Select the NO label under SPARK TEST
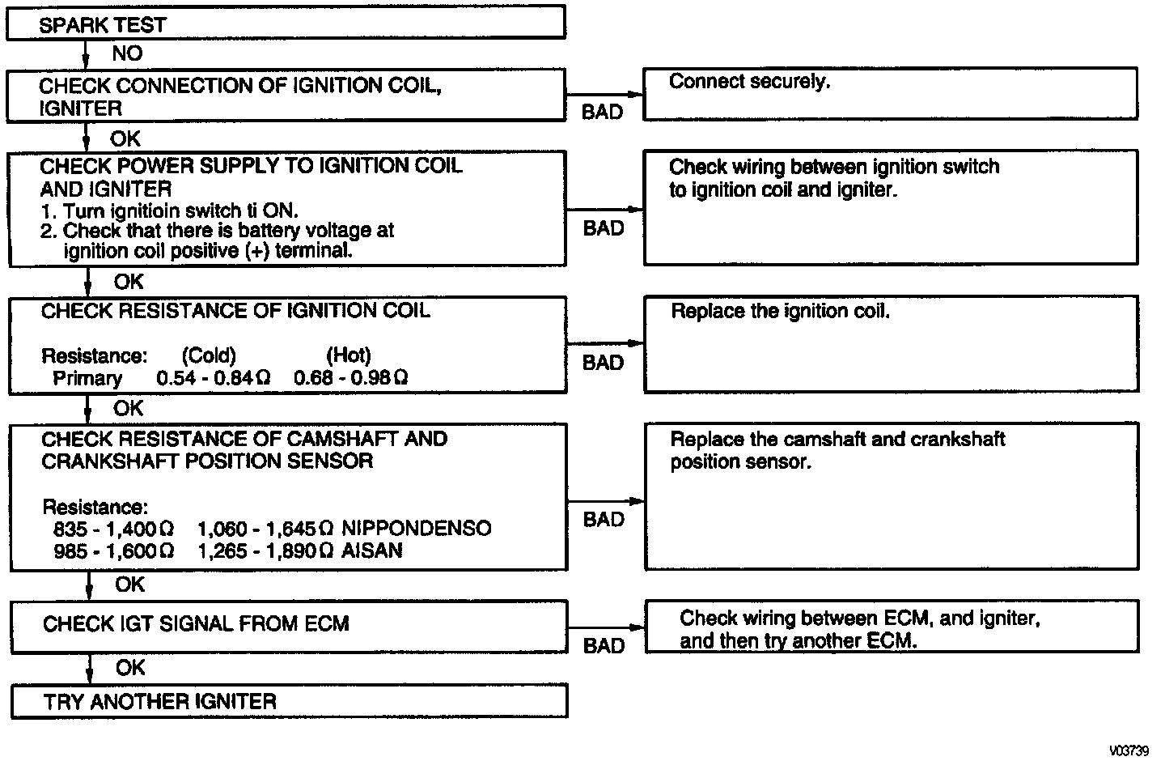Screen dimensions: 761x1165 click(x=127, y=53)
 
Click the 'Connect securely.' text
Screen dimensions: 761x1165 click(x=749, y=82)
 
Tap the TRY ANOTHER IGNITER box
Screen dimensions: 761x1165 click(x=289, y=701)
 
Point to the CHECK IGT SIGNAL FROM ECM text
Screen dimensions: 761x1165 click(x=196, y=624)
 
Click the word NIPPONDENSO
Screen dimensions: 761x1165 click(x=417, y=529)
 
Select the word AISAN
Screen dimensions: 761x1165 click(x=372, y=551)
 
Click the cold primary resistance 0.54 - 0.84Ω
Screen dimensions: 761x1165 click(x=214, y=378)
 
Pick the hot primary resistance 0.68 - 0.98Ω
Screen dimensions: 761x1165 click(x=350, y=378)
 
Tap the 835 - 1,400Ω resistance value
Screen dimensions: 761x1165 click(x=113, y=529)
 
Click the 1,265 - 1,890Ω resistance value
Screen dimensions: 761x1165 click(x=265, y=551)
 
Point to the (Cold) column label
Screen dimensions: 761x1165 click(x=209, y=355)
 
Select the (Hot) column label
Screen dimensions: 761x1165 click(x=349, y=355)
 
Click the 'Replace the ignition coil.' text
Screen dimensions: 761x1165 click(x=780, y=312)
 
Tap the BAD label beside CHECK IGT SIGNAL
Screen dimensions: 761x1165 click(x=604, y=646)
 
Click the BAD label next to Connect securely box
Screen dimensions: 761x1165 click(x=602, y=113)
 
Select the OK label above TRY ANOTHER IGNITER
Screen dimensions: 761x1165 click(x=130, y=668)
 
